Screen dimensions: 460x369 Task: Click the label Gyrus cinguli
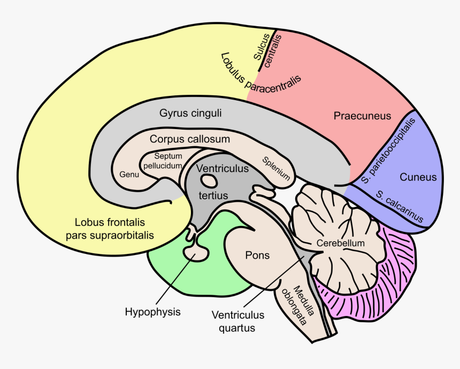190,114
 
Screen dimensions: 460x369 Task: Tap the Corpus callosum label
190,139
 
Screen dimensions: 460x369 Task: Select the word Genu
129,175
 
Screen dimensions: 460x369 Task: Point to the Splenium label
276,169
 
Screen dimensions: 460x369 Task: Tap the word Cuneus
418,177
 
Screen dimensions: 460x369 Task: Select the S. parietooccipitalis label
387,148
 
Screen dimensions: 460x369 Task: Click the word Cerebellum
340,243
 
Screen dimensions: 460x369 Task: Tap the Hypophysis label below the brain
152,311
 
